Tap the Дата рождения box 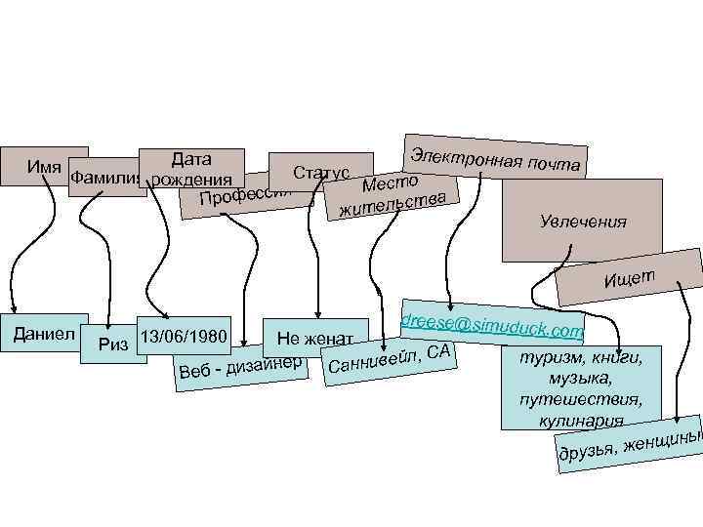pyautogui.click(x=190, y=167)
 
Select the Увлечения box pyautogui.click(x=582, y=223)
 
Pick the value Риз pyautogui.click(x=113, y=344)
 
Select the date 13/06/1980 pyautogui.click(x=184, y=338)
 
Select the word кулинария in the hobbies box pyautogui.click(x=580, y=420)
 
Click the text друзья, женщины pyautogui.click(x=629, y=444)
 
